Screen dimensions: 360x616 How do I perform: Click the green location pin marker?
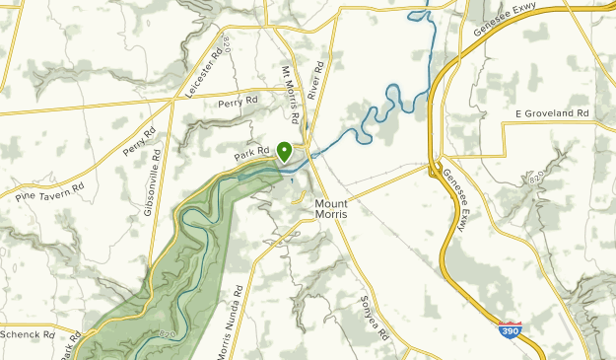(x=284, y=152)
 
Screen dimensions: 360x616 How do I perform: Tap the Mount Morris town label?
(x=330, y=209)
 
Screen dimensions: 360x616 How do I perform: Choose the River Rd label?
(x=315, y=80)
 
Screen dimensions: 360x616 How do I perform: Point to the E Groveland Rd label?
(x=552, y=113)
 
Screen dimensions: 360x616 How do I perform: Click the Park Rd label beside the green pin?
(x=252, y=153)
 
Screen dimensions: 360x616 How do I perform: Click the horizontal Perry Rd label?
(x=238, y=101)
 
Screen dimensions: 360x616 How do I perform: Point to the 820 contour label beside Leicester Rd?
(x=225, y=44)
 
